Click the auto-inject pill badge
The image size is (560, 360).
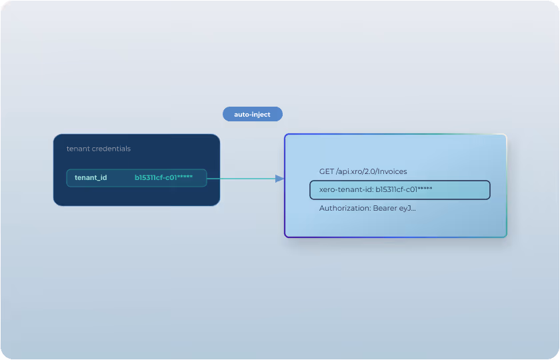[252, 115]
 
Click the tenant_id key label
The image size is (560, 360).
[91, 178]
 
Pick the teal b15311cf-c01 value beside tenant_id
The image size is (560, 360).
[154, 178]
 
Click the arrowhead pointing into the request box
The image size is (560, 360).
[279, 179]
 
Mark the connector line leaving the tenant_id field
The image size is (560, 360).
[240, 179]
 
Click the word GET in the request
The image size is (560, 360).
[327, 172]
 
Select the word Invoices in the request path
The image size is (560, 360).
[391, 172]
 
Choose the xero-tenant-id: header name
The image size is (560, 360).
[345, 190]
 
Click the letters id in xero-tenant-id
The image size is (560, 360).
[367, 190]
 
